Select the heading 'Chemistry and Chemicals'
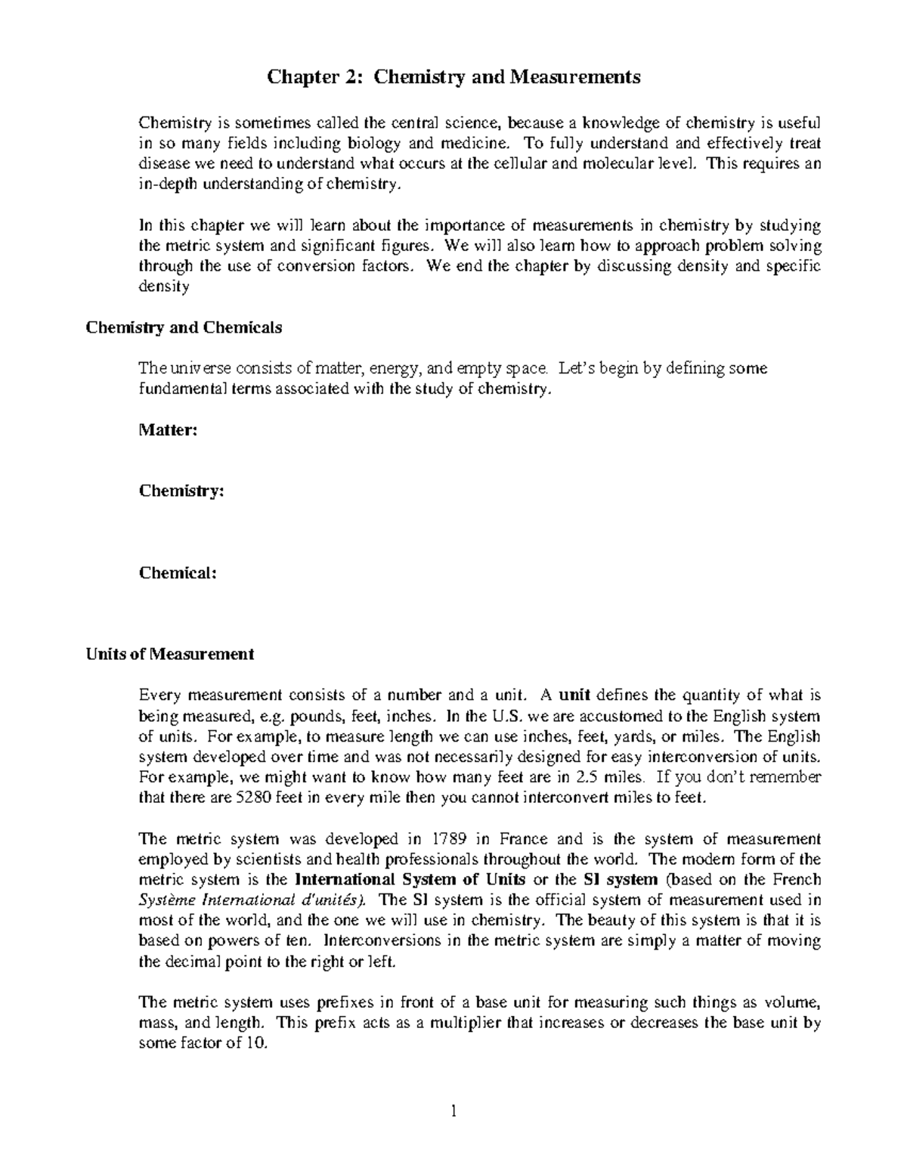pyautogui.click(x=184, y=328)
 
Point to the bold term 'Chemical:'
pyautogui.click(x=178, y=573)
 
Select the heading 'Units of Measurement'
pyautogui.click(x=170, y=655)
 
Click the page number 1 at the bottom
pyautogui.click(x=453, y=1111)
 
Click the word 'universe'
pyautogui.click(x=198, y=369)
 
